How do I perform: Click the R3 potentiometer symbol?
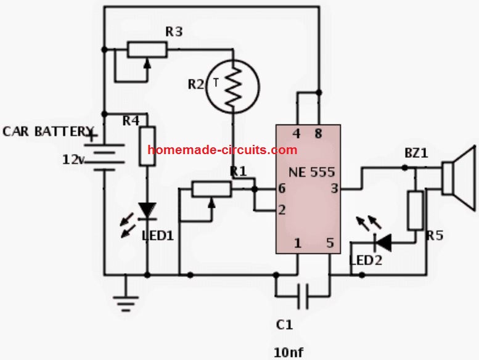(147, 49)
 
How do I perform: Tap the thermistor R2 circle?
(232, 86)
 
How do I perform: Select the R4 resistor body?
(147, 147)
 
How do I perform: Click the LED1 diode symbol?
(147, 211)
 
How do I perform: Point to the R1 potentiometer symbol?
(211, 189)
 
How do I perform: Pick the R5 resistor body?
(416, 211)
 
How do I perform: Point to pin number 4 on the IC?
(297, 134)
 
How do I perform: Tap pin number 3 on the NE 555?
(335, 189)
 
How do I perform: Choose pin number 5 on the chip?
(330, 243)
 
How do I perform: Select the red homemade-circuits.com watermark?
(223, 150)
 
